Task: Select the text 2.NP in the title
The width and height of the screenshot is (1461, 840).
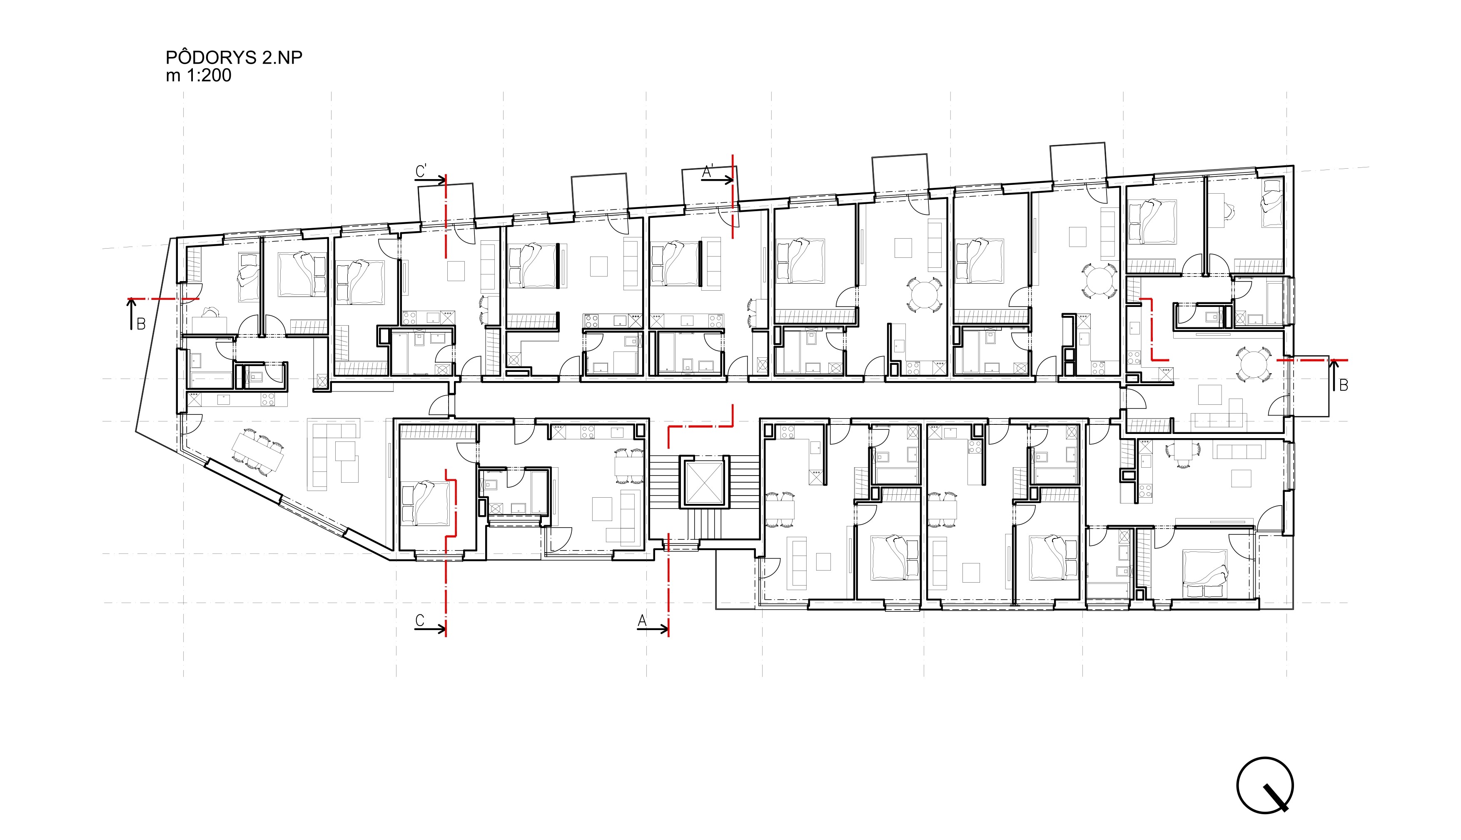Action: click(282, 58)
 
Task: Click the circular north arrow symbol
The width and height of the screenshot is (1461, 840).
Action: click(1265, 785)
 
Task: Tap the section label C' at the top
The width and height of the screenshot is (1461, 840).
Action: click(421, 171)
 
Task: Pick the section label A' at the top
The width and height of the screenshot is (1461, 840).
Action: click(708, 171)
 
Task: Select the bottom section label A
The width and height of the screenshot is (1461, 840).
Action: click(642, 621)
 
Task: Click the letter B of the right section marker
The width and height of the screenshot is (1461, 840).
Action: click(1343, 385)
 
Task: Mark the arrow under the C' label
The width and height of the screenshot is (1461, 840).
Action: click(430, 180)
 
